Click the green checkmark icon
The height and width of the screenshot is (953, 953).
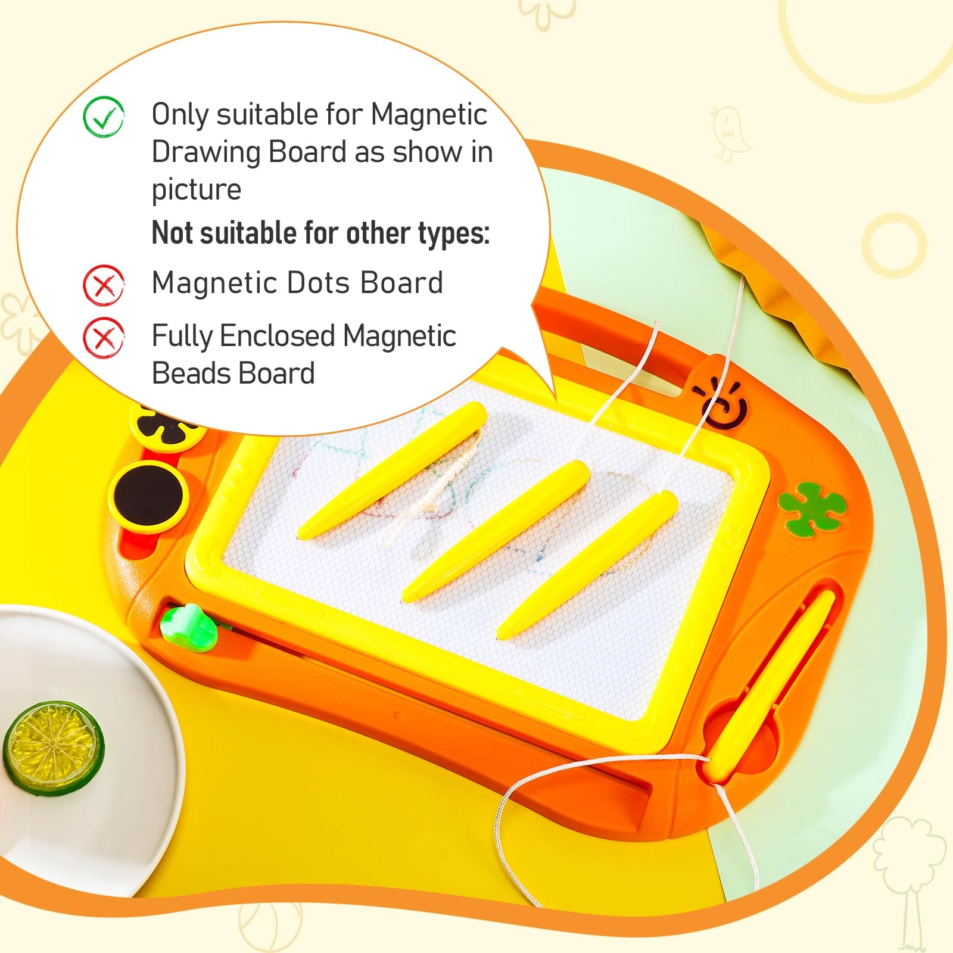(x=104, y=117)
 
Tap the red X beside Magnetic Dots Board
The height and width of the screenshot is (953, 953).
(x=104, y=285)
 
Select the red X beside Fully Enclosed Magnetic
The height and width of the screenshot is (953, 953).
(x=104, y=338)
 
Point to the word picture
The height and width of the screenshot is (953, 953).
(x=197, y=190)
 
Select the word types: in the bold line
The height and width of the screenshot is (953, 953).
(x=453, y=233)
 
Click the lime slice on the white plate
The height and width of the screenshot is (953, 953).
(x=54, y=748)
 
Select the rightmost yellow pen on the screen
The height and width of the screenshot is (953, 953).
(x=587, y=566)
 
